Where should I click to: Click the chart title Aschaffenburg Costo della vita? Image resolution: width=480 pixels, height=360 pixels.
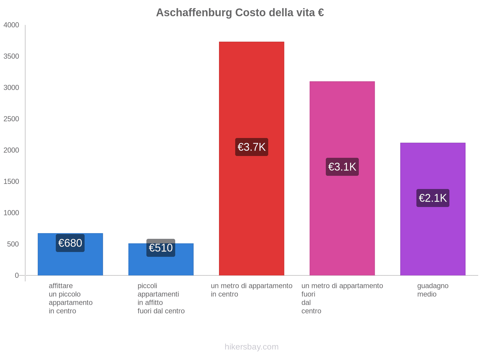240,13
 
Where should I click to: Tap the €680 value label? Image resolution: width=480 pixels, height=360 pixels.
70,243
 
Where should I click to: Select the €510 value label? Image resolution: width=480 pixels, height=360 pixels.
161,248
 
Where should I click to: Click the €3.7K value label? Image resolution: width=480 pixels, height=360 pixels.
251,147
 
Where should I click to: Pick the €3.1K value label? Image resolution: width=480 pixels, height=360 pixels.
342,167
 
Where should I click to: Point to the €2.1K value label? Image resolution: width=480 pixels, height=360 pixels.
433,198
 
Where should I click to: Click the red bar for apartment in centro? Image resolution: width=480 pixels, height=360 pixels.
251,90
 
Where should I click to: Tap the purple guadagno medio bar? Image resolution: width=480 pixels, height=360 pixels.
433,240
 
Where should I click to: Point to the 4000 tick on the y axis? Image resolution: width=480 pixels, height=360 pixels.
11,25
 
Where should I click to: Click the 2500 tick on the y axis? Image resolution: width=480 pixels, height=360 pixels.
11,119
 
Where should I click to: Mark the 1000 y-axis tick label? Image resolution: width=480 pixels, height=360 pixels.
11,213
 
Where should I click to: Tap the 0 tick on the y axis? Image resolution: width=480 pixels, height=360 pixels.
17,275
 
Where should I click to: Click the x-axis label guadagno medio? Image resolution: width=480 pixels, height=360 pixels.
433,290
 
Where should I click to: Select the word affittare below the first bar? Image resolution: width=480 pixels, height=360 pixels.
61,286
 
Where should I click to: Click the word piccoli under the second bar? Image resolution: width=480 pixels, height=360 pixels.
147,286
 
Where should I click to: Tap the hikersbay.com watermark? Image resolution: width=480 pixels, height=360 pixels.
251,347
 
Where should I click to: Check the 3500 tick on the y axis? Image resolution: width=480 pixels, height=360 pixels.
11,56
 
